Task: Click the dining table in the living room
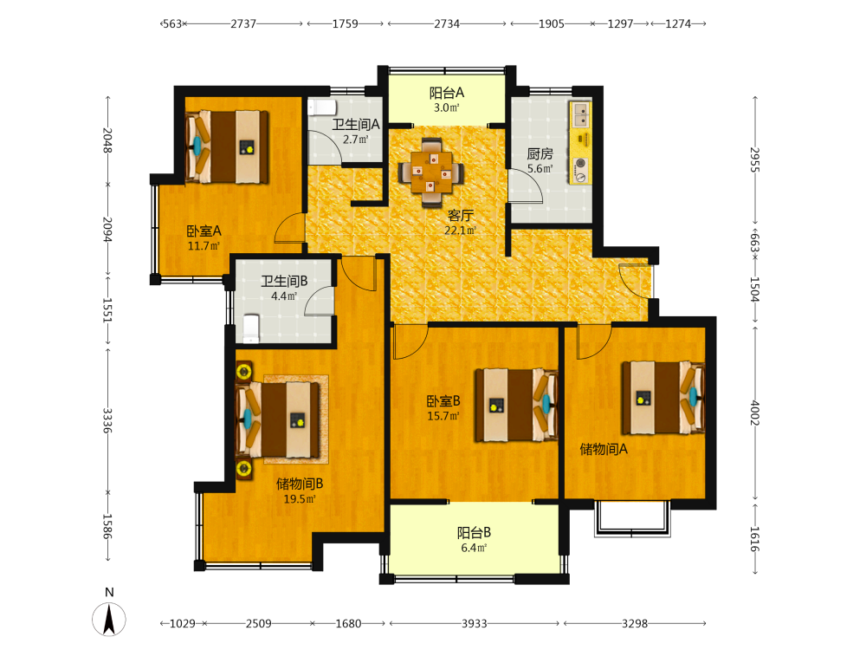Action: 430,172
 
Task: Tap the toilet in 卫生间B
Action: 251,328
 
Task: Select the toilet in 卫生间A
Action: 322,107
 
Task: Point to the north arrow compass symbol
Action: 109,619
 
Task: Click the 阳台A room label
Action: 447,93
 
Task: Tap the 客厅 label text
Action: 460,215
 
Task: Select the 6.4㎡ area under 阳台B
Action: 474,548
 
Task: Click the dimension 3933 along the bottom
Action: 475,623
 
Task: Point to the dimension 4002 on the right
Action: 755,413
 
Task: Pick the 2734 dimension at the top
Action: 446,23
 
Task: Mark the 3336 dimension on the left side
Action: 107,420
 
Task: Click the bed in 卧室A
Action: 227,146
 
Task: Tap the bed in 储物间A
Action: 663,398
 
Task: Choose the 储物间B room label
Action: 300,484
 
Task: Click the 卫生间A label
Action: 356,124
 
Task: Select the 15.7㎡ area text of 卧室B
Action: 443,416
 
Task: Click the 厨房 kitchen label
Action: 540,153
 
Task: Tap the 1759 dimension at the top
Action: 346,23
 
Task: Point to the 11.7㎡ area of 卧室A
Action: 204,246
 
